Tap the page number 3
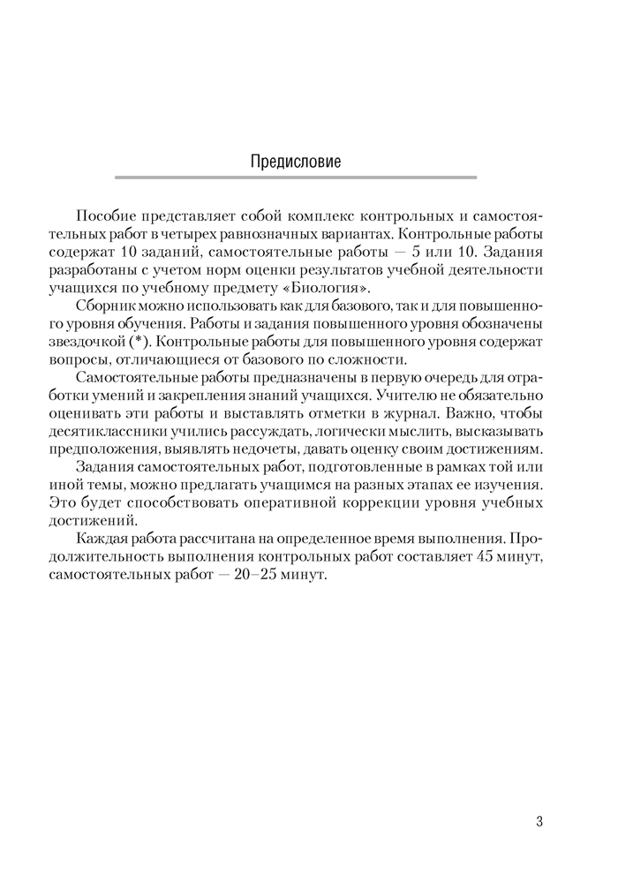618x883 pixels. pyautogui.click(x=539, y=821)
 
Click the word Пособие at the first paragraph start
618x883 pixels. pyautogui.click(x=104, y=217)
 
